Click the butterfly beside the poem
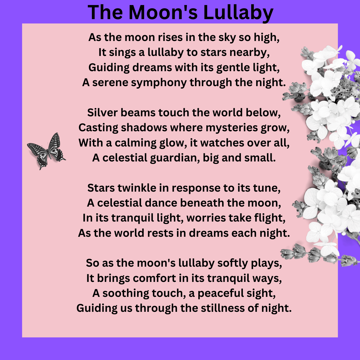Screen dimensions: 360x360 (x=47, y=151)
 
